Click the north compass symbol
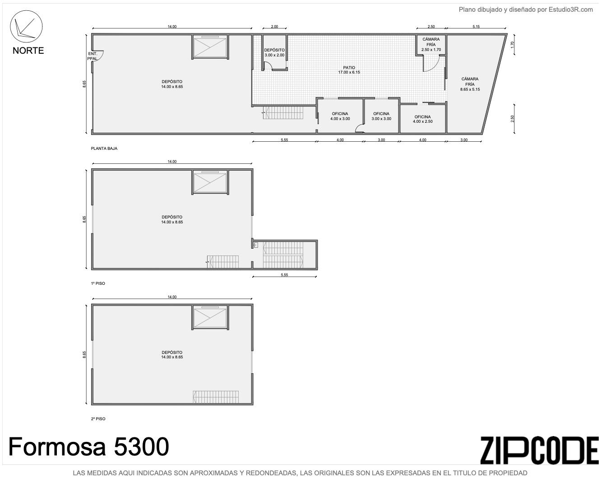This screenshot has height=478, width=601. (x=26, y=27)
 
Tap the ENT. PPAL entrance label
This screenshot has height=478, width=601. (x=92, y=56)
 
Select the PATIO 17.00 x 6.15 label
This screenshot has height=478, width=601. (x=349, y=70)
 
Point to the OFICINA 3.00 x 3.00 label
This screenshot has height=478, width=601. (x=381, y=116)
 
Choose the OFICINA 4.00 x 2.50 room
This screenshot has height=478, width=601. (x=422, y=118)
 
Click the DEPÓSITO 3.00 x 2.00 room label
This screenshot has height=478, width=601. (x=274, y=52)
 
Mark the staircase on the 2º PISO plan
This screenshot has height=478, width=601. (x=216, y=397)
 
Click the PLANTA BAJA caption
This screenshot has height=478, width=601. (x=104, y=149)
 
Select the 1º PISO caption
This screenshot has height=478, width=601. (x=98, y=283)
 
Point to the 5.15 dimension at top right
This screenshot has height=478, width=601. (x=476, y=27)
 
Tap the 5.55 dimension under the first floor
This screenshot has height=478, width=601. (x=284, y=274)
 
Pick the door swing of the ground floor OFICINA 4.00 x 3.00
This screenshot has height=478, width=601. (x=360, y=128)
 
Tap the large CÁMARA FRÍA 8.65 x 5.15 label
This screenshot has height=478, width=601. (x=470, y=84)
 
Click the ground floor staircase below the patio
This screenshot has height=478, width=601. (x=283, y=112)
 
